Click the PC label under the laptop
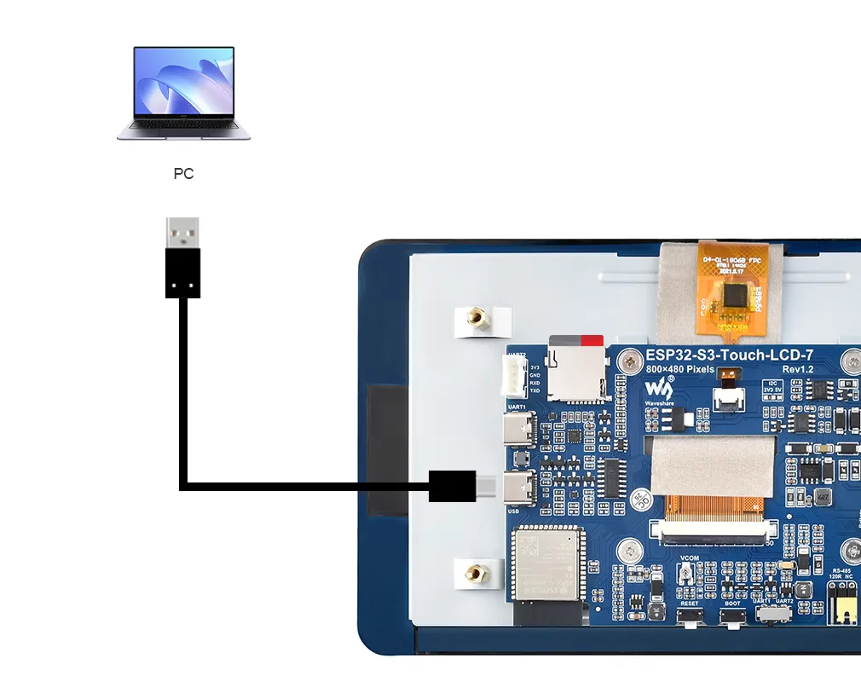tap(183, 174)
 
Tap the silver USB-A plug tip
tap(182, 232)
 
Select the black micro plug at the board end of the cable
tap(452, 486)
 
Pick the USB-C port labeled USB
tap(519, 488)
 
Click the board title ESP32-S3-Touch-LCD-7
tap(723, 355)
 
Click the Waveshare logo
tap(659, 389)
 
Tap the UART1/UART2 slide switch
tap(774, 613)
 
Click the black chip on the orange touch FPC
tap(732, 296)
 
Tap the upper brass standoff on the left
tap(480, 321)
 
